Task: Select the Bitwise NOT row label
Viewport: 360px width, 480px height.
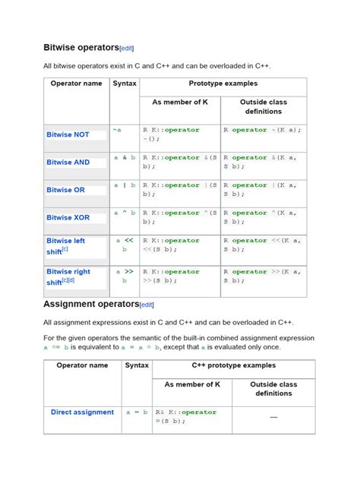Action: [x=68, y=134]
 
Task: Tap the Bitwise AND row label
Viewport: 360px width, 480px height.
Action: [x=68, y=162]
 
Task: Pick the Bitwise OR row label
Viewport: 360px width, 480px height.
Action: [x=65, y=190]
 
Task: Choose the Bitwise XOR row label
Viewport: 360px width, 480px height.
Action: [x=68, y=217]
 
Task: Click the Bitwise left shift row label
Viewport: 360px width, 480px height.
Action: [x=65, y=245]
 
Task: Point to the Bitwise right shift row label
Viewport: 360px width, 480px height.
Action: [x=68, y=276]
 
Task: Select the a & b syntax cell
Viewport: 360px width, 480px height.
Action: [x=125, y=157]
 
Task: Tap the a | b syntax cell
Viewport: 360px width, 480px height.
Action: [x=125, y=185]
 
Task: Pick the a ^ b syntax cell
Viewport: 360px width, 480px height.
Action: [x=125, y=213]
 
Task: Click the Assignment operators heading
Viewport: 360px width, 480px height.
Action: [x=90, y=304]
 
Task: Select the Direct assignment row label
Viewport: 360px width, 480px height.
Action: [x=82, y=412]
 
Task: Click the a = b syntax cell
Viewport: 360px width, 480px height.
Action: [x=137, y=412]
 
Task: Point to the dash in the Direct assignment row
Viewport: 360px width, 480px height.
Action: [x=273, y=417]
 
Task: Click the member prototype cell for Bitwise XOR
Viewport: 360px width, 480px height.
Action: [x=180, y=217]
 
